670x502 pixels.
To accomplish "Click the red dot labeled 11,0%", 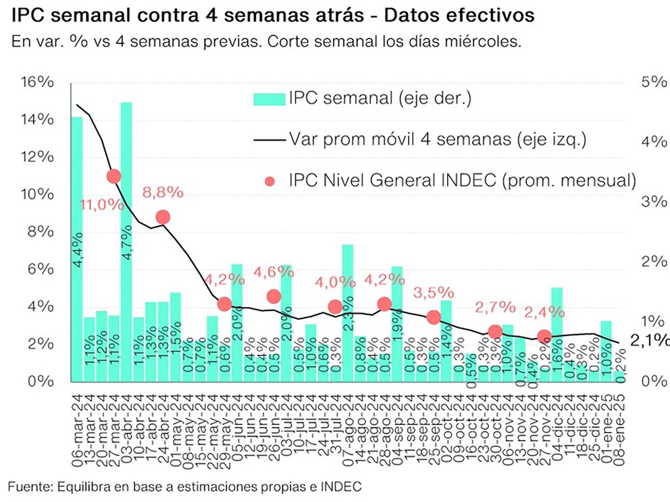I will coord(113,176).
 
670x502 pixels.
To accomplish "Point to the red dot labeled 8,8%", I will coord(162,217).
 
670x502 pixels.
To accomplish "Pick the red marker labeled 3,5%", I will coord(434,317).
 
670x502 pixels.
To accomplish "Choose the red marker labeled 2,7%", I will coord(495,331).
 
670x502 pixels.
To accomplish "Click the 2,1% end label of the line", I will coord(650,343).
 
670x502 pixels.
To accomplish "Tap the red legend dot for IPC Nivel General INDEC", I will coord(270,182).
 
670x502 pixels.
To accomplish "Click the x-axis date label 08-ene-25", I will coord(620,417).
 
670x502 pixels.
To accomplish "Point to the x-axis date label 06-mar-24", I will coord(77,417).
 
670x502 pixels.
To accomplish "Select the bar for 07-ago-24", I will coord(347,312).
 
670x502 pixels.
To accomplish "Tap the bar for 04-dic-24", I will coord(557,334).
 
